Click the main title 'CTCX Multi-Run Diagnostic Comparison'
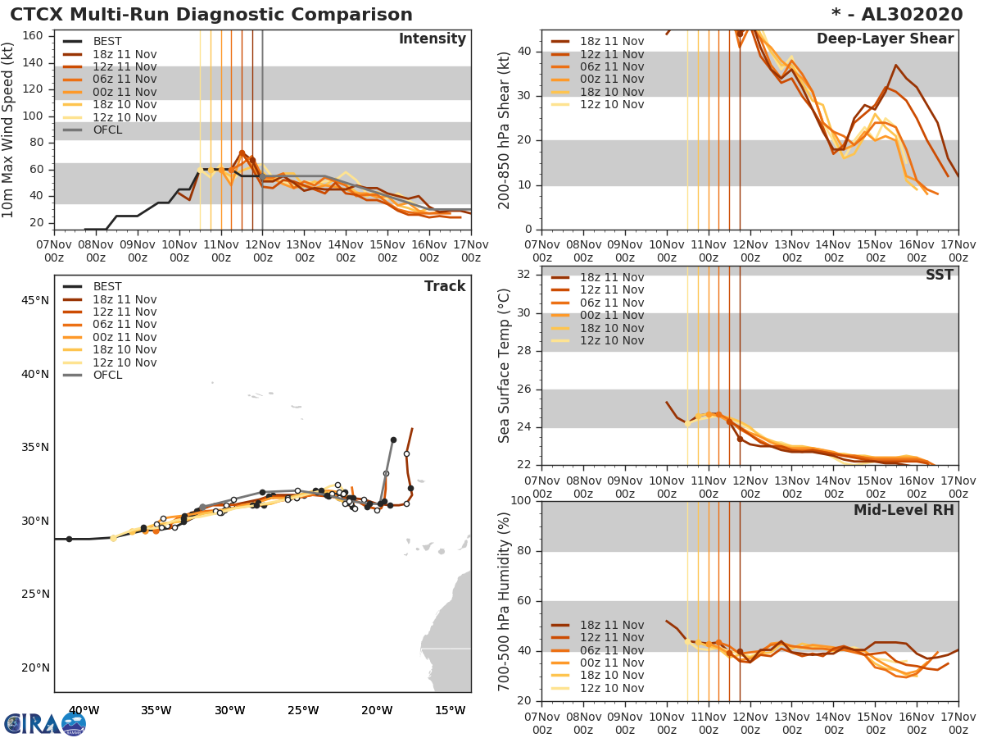click(211, 15)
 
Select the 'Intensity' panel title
click(432, 39)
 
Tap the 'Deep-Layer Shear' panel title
click(885, 39)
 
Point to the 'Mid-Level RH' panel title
click(904, 510)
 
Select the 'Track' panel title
click(445, 286)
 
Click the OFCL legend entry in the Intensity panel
click(107, 130)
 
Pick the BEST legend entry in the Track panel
click(107, 287)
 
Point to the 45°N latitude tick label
click(34, 300)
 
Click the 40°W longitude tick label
click(84, 710)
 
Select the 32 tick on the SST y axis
click(523, 275)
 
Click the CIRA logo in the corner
click(44, 724)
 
